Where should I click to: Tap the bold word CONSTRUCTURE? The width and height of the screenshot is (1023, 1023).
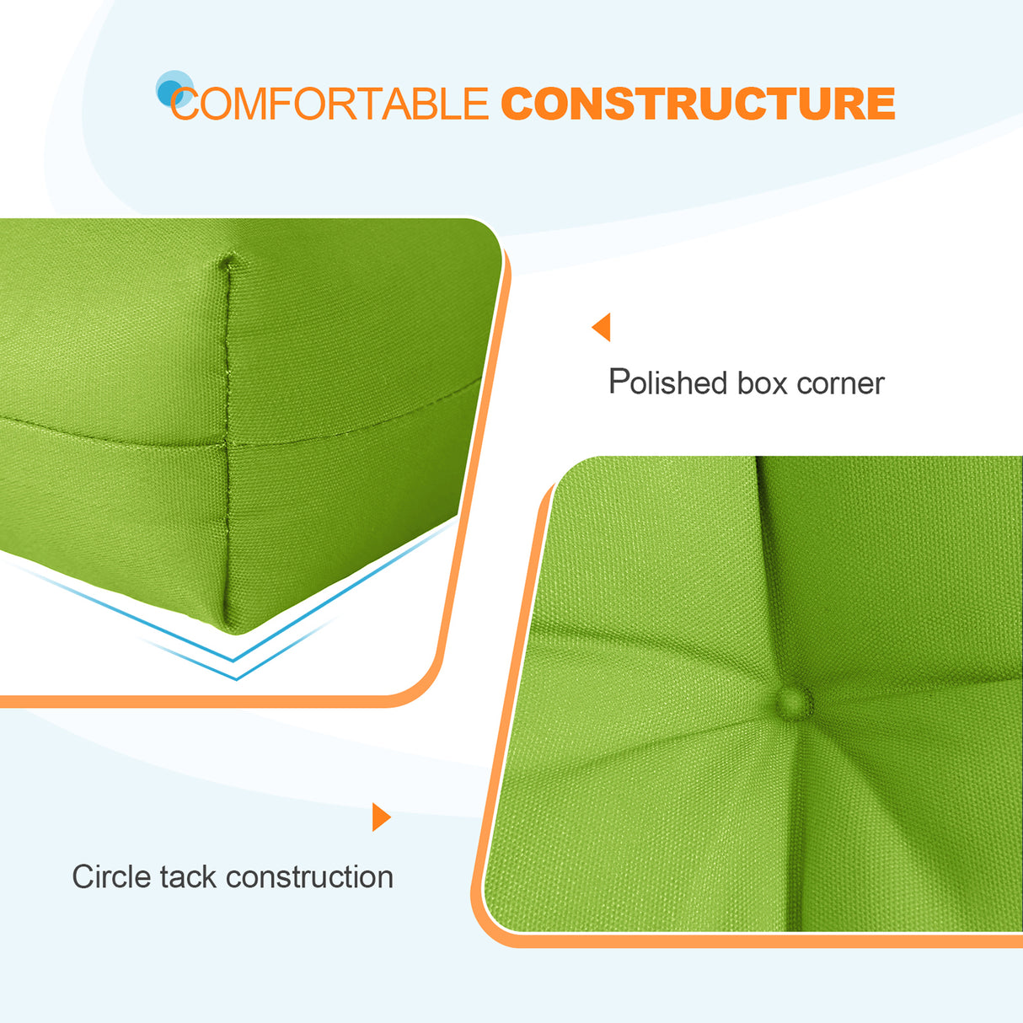[x=698, y=104]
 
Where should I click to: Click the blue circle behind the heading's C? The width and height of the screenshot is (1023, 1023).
[x=173, y=88]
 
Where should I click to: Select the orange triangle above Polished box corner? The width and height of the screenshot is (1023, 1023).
[x=602, y=327]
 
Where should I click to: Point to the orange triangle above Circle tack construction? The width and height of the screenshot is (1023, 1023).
[x=381, y=817]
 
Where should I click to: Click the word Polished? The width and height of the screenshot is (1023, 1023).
[x=667, y=383]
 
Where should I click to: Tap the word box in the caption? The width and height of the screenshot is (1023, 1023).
[x=763, y=383]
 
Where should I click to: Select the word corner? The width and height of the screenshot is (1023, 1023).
[x=840, y=384]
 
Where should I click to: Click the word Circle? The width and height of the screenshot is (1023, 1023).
[x=110, y=876]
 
